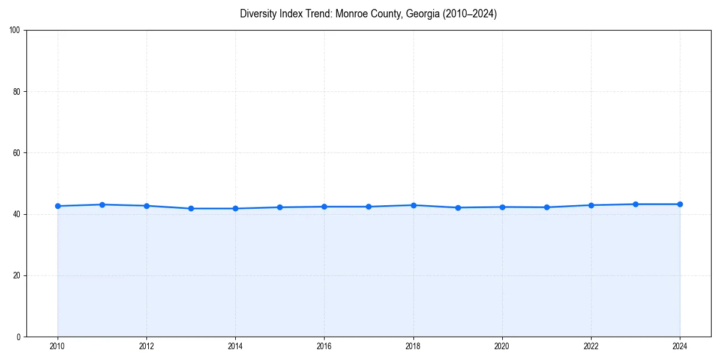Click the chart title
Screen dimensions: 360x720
(368, 14)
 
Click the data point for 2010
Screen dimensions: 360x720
(58, 206)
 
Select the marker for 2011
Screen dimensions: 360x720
(102, 205)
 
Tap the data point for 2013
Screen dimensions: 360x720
(191, 208)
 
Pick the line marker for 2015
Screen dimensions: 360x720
(280, 207)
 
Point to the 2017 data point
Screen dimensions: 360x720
(368, 206)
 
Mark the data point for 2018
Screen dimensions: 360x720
(413, 205)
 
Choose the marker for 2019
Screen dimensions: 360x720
(458, 208)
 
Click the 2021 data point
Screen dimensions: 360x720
(547, 207)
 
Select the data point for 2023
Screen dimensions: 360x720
(635, 204)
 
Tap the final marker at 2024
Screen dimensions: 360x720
(680, 204)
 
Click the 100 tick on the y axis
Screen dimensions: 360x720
(16, 31)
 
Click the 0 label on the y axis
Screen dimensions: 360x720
(19, 337)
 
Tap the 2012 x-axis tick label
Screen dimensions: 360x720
(146, 346)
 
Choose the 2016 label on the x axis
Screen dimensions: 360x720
(324, 346)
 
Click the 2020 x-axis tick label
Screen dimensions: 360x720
(502, 346)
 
